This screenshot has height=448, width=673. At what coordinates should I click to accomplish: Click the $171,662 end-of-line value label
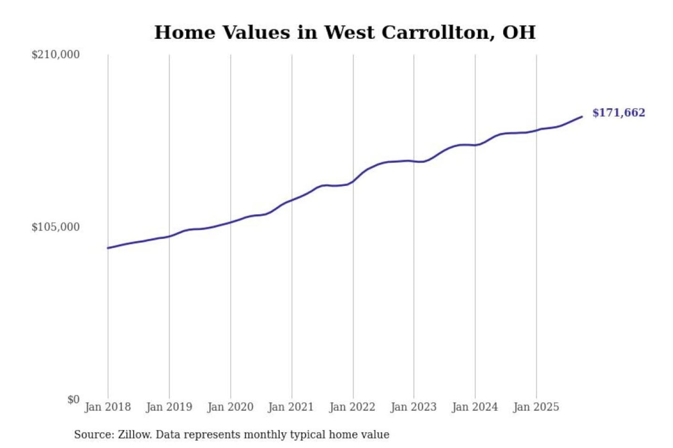click(618, 113)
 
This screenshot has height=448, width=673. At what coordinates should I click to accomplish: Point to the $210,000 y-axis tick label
click(56, 55)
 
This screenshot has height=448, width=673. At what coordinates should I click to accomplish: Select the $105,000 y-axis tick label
click(56, 227)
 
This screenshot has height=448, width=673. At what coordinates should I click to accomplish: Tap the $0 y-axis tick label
click(73, 399)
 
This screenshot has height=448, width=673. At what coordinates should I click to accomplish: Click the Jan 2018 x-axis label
click(107, 407)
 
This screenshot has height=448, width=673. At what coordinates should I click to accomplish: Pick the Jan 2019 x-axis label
click(169, 407)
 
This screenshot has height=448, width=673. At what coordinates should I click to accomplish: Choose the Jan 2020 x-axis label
click(230, 407)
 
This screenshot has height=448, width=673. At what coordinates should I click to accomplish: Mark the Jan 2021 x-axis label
click(291, 407)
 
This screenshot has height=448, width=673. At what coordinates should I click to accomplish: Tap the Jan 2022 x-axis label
click(352, 407)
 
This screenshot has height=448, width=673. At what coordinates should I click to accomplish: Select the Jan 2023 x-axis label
click(413, 407)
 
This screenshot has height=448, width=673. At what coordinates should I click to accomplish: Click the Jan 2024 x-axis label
click(474, 407)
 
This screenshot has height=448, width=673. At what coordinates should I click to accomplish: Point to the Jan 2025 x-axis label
click(536, 407)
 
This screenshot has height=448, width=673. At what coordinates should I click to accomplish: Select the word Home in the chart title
click(185, 33)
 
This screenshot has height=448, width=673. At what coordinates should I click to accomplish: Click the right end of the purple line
click(582, 117)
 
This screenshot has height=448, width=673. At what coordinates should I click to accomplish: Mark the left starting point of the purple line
click(108, 248)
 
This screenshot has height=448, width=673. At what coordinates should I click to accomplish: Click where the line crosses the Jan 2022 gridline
click(353, 181)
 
